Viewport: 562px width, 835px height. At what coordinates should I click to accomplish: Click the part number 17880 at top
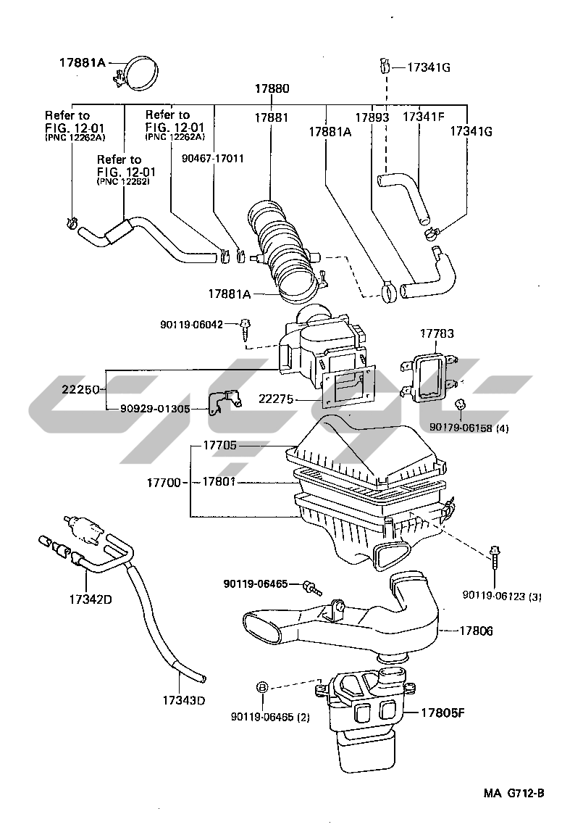coord(272,89)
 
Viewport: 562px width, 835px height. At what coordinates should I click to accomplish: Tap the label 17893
coord(372,117)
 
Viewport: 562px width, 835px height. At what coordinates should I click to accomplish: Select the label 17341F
coord(424,116)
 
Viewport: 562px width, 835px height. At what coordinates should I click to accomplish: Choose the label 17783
coord(437,333)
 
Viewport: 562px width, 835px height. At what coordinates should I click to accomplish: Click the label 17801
coord(219,481)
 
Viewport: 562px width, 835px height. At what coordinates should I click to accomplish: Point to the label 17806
coord(476,631)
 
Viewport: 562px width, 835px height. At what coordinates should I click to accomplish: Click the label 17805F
coord(441,713)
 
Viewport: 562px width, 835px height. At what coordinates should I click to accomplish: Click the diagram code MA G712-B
coord(513,793)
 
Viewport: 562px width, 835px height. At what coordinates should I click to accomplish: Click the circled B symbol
coord(262,687)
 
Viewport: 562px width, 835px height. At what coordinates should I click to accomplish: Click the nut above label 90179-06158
coord(459,403)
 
